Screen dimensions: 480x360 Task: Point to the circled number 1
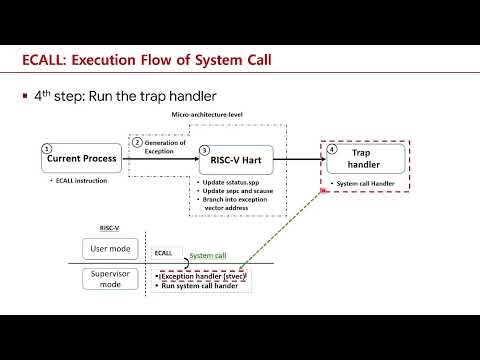(x=46, y=149)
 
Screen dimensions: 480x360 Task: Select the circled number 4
(x=334, y=149)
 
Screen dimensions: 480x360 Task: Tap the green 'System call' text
(x=207, y=257)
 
